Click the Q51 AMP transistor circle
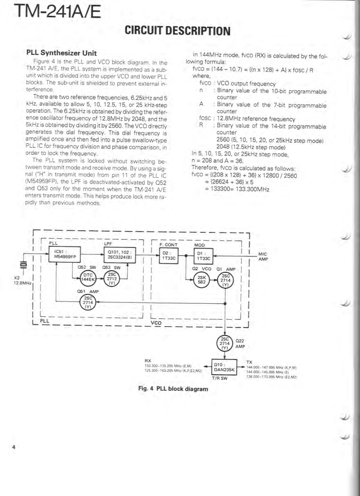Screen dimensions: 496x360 tap(88, 303)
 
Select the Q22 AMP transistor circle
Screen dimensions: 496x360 tap(225, 343)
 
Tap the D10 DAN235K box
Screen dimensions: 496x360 tap(224, 367)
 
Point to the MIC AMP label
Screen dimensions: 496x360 tap(263, 257)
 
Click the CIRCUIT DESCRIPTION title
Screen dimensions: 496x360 tap(178, 31)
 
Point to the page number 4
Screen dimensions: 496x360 tap(14, 447)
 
